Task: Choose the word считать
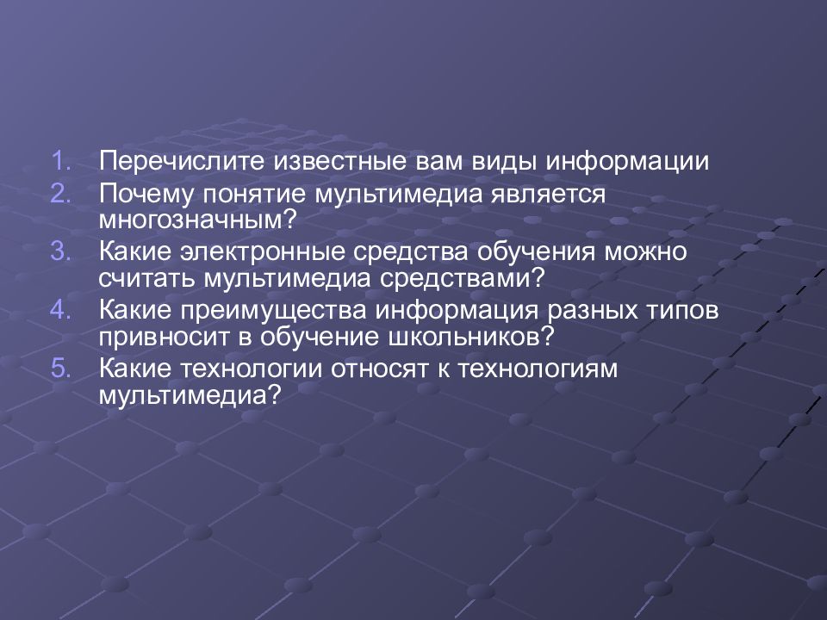click(146, 278)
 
